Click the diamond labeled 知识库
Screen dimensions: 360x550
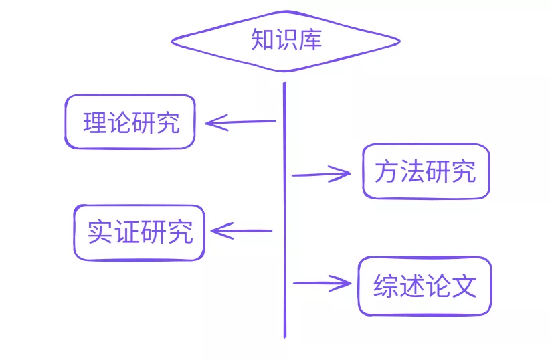click(x=286, y=41)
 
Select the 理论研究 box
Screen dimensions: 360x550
click(x=130, y=122)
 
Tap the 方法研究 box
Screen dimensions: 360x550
click(x=426, y=172)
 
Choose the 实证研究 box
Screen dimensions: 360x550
click(x=139, y=232)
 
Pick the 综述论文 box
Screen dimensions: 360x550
click(x=425, y=286)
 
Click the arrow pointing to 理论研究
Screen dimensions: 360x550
click(x=241, y=122)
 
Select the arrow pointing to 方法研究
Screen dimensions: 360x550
click(x=321, y=175)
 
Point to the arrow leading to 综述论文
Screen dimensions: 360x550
click(x=322, y=283)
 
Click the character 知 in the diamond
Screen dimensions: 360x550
click(x=262, y=39)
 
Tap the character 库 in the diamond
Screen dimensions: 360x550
click(x=310, y=39)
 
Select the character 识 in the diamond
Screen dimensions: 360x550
click(x=286, y=39)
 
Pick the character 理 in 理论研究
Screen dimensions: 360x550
click(x=94, y=123)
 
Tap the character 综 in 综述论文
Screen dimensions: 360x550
click(x=385, y=287)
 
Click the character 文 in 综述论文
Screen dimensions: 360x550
click(x=464, y=287)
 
